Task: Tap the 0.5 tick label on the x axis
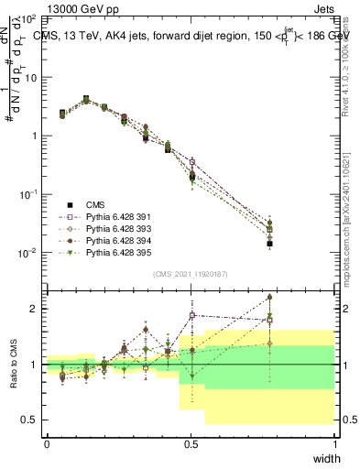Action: point(191,443)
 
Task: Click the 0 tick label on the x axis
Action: point(47,443)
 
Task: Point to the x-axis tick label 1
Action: point(334,443)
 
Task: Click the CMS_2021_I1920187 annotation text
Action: point(191,274)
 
